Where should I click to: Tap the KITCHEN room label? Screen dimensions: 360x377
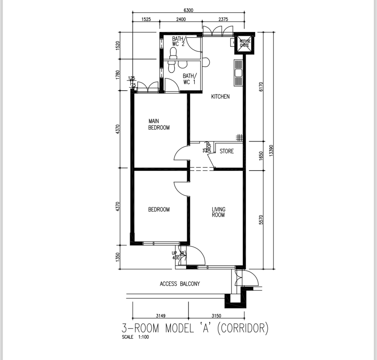(x=220, y=96)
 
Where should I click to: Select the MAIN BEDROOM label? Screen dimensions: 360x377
(x=159, y=124)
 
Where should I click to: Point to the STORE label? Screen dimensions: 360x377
(x=227, y=151)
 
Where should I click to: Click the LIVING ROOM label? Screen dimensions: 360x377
(x=218, y=212)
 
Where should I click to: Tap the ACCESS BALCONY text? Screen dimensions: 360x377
(x=180, y=284)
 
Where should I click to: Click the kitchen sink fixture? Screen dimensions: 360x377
(x=238, y=73)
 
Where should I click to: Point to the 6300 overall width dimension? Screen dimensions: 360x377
(x=188, y=10)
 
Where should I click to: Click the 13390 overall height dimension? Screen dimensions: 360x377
(x=271, y=150)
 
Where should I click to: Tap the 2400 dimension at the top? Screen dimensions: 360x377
(x=181, y=19)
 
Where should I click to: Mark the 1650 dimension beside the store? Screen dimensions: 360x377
(x=261, y=155)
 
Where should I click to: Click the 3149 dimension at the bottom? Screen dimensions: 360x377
(x=160, y=316)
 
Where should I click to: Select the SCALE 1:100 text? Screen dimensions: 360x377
(x=135, y=337)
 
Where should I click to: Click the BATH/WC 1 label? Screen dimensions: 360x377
(x=189, y=79)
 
